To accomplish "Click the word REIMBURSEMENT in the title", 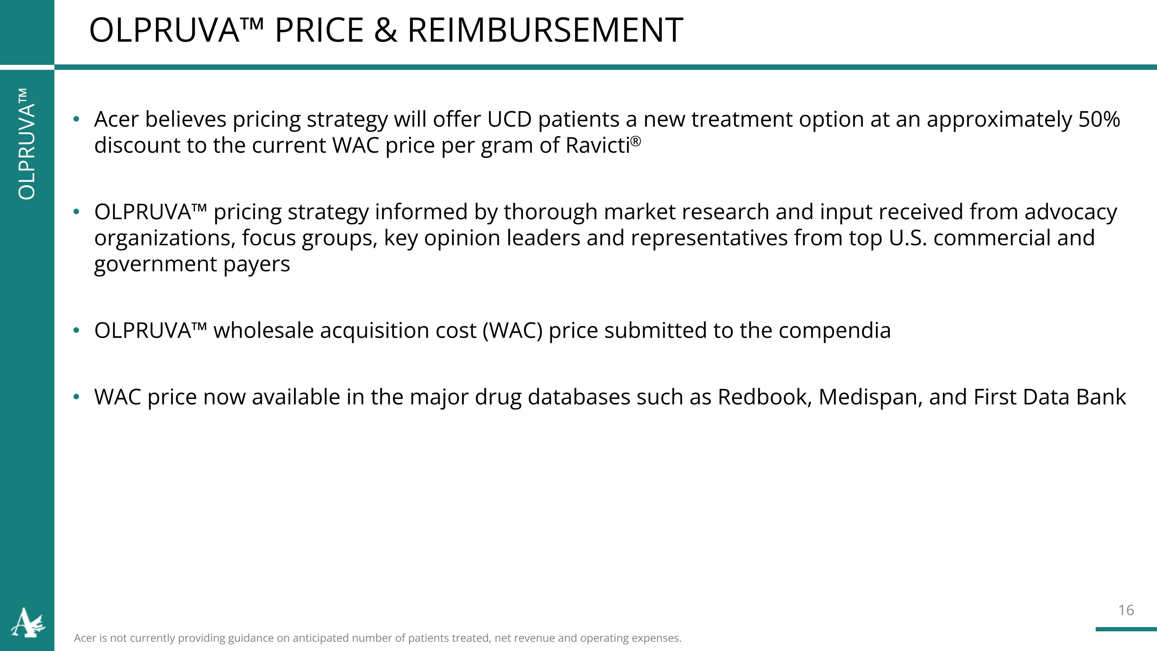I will (545, 30).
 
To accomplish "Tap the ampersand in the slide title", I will (385, 30).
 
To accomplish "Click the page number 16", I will (1125, 610).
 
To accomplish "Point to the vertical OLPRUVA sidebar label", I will (27, 144).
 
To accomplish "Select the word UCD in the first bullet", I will (509, 120).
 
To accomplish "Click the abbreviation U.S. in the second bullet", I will (908, 238).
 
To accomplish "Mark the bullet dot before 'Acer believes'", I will (76, 120).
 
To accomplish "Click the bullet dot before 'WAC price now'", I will (76, 397).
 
